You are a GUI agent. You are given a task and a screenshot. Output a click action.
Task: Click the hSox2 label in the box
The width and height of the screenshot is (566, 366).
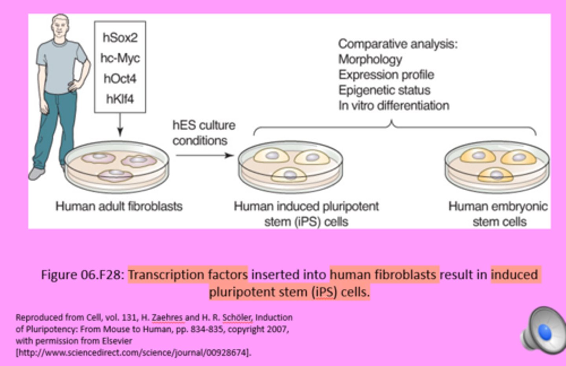[120, 38]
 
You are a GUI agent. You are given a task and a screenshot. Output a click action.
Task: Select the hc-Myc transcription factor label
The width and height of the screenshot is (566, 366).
[120, 58]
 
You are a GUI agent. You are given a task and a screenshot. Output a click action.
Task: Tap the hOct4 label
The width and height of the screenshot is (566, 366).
[120, 78]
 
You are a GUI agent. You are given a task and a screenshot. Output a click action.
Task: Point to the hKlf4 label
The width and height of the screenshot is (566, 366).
[120, 99]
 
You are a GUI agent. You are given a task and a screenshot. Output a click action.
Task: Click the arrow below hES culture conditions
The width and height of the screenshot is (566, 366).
[204, 155]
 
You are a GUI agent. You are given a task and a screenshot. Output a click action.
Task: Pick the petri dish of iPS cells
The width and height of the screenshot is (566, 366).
[290, 167]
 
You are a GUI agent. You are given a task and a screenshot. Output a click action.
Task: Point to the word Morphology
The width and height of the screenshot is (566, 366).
[370, 59]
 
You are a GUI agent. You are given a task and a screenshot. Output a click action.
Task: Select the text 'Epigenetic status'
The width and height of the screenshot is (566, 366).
[384, 90]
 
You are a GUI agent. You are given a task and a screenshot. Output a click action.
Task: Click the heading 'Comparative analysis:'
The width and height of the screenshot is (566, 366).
[398, 44]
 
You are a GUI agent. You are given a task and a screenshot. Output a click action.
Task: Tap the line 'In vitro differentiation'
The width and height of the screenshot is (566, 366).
[393, 106]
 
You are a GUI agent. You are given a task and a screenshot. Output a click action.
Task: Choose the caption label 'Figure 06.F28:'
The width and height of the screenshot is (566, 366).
[83, 275]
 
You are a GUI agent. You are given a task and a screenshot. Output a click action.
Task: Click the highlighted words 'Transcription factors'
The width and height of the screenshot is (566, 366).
[188, 275]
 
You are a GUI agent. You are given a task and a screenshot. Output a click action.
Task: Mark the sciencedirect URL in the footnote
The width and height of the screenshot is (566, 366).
[133, 352]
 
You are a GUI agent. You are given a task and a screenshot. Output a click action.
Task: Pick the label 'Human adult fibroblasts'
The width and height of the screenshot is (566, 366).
[119, 206]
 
